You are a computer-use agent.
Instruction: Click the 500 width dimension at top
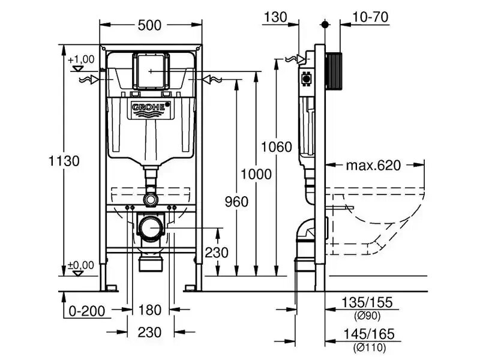point(149,25)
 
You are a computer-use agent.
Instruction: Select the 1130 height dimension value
point(64,161)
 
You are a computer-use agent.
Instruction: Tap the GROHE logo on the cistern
point(151,107)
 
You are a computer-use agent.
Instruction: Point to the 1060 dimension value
point(277,146)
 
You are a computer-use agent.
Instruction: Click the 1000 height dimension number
point(256,174)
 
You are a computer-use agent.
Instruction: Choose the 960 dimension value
point(236,202)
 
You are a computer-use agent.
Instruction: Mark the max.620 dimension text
point(373,166)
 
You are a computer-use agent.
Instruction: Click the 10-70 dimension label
point(370,17)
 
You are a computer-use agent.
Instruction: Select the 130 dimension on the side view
point(275,17)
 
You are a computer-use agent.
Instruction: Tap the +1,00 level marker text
point(81,59)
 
